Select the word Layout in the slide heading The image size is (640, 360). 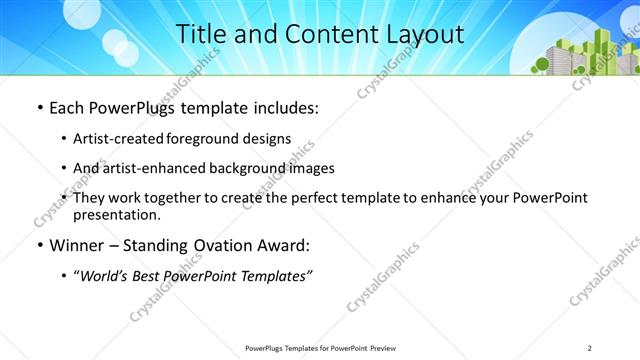[x=421, y=34]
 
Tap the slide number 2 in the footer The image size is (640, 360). [x=590, y=347]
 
